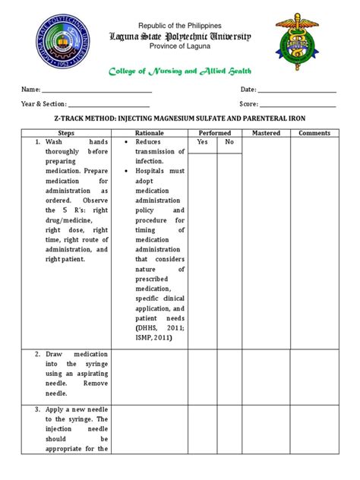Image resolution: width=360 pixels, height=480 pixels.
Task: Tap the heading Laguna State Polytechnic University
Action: [180, 36]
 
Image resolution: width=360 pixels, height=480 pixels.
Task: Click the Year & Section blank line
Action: [109, 105]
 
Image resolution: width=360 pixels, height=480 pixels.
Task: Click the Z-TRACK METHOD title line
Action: [180, 119]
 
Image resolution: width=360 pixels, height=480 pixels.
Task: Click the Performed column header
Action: [216, 133]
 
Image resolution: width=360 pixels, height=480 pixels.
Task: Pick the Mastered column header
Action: [267, 133]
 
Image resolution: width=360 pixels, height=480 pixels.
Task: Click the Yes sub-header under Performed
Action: [202, 142]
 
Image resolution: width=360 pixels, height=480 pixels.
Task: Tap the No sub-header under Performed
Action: [229, 142]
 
